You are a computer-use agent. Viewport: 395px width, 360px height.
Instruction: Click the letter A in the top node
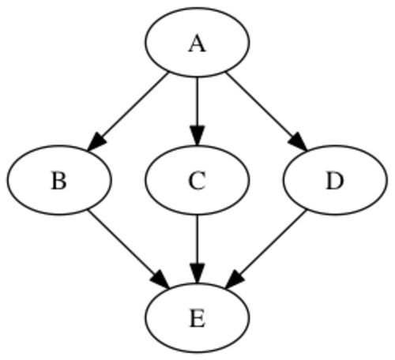197,44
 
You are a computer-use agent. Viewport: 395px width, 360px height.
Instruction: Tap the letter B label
58,181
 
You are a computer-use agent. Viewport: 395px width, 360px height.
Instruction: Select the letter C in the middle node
197,181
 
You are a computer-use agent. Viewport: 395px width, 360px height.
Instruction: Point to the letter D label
335,181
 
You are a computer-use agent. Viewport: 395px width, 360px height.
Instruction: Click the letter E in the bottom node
197,319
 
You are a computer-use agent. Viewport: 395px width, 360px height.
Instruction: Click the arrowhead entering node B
96,142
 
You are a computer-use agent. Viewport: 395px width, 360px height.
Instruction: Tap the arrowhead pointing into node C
197,136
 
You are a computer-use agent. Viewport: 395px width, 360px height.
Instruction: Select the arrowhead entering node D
298,142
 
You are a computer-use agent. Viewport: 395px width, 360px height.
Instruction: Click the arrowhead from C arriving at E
197,273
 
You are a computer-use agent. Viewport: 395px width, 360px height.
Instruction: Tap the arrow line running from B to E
125,246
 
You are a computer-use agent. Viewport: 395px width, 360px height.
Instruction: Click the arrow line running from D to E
270,246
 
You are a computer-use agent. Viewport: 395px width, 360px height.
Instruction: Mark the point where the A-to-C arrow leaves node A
197,77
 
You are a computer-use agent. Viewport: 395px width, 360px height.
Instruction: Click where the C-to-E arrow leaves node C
197,215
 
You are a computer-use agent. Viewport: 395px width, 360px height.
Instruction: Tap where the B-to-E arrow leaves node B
88,210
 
